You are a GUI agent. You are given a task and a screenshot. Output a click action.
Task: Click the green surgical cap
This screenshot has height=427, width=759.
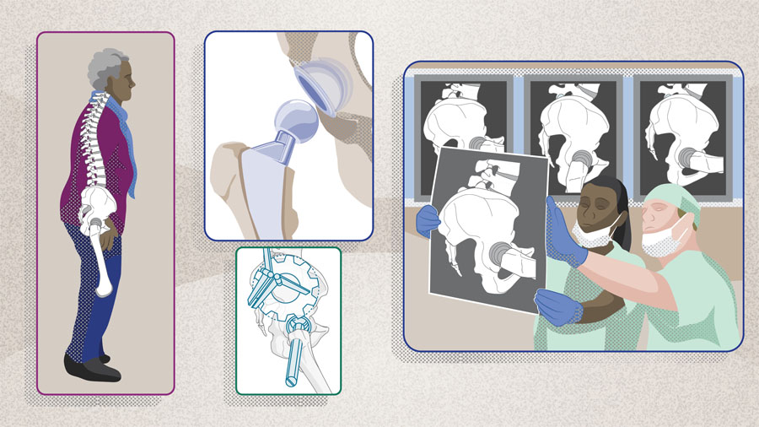pyautogui.click(x=675, y=203)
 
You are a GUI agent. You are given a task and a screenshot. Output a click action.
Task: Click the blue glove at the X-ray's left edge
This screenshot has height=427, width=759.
pyautogui.click(x=428, y=221)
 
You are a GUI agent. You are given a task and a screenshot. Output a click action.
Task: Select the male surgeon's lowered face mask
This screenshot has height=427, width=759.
pyautogui.click(x=661, y=241)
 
